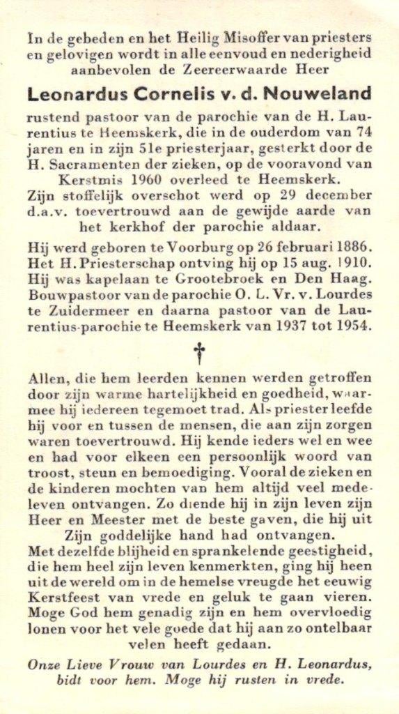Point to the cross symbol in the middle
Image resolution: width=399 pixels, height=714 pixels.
(x=200, y=353)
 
